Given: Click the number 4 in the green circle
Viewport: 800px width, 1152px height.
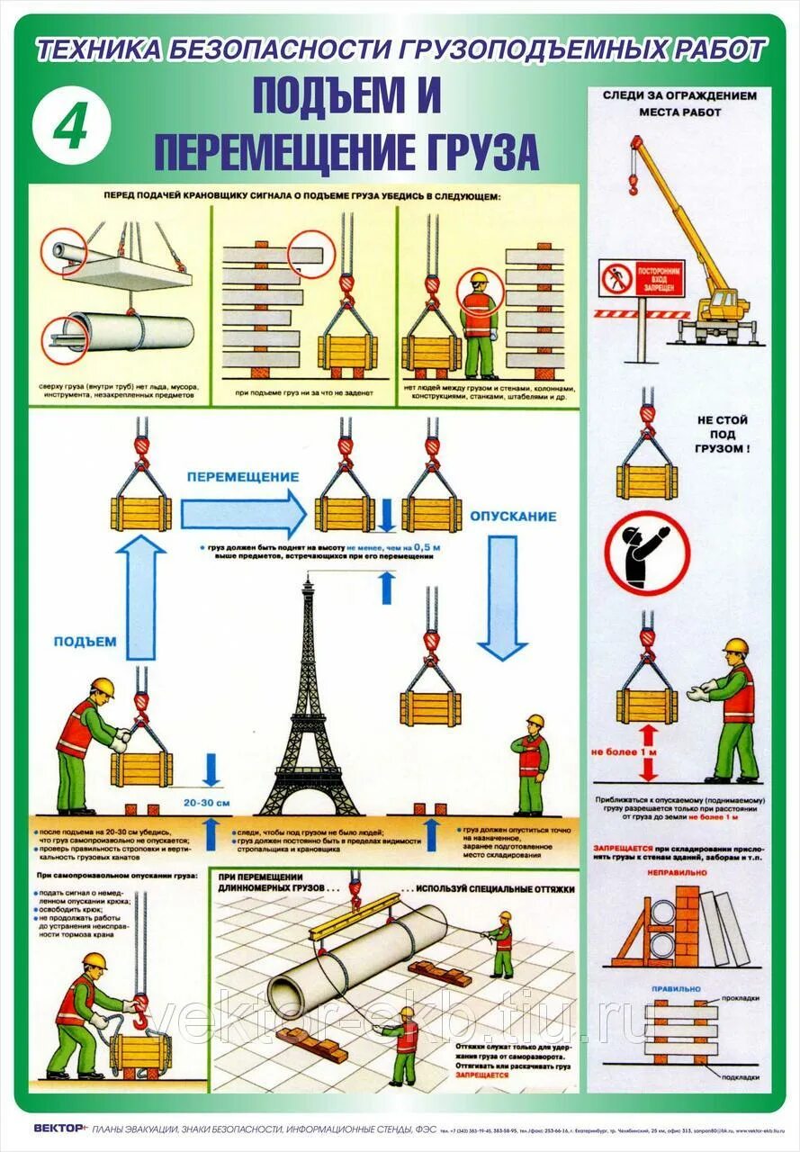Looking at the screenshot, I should click(70, 128).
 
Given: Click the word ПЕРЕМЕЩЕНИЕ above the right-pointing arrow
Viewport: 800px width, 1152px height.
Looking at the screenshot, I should click(242, 475).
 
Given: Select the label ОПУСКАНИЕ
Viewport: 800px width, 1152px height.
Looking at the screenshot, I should click(512, 517).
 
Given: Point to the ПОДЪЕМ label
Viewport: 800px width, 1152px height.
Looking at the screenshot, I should click(85, 641).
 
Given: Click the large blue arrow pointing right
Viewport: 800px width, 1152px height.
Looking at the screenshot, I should click(243, 514).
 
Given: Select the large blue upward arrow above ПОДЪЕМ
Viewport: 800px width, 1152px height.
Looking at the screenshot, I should click(144, 595).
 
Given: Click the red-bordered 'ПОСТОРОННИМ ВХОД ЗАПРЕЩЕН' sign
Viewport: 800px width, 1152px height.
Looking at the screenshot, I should click(642, 277).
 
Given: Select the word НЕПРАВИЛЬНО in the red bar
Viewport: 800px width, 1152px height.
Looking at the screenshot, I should click(671, 870).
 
